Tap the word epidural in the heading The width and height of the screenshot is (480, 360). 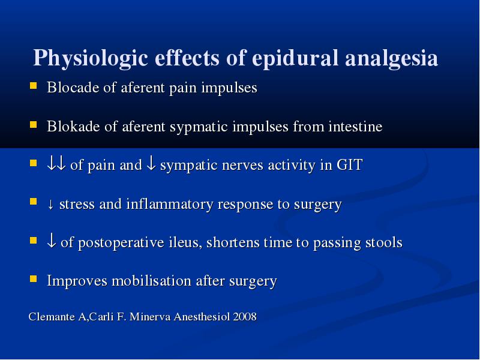click(295, 58)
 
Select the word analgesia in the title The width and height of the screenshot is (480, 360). click(392, 58)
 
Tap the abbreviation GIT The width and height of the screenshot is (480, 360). click(350, 164)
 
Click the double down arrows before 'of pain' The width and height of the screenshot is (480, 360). click(56, 164)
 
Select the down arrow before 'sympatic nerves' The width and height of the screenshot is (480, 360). click(151, 164)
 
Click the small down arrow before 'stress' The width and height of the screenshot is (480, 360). click(51, 205)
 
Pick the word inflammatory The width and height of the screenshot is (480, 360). click(170, 204)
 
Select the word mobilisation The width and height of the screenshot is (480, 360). click(152, 280)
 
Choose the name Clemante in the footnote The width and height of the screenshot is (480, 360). click(52, 317)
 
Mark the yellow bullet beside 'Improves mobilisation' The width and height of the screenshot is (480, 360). click(34, 279)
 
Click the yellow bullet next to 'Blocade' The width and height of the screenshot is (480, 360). click(34, 85)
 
